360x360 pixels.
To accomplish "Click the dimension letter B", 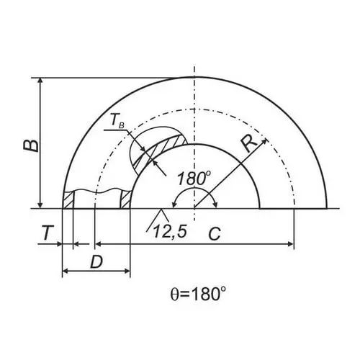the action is point(31,145).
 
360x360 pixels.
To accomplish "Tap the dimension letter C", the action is point(214,234).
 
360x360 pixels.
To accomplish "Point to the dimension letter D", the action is point(96,261).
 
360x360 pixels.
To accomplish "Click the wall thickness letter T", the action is point(47,233).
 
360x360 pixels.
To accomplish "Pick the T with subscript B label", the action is point(117,121).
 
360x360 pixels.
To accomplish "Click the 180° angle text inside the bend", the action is point(194,178).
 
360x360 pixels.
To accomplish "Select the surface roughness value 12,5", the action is point(170,232).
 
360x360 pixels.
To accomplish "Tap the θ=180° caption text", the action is point(198,294).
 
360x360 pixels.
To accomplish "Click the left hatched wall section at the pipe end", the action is point(68,199).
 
